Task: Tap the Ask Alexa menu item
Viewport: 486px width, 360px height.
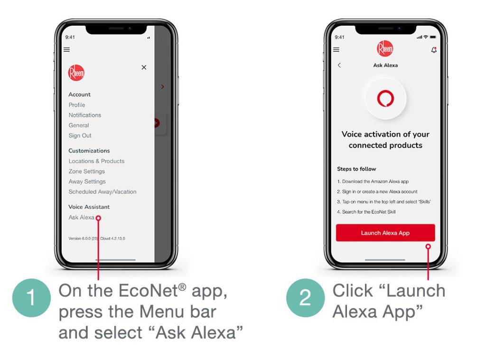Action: [81, 217]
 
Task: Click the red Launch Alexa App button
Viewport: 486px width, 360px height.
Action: [385, 233]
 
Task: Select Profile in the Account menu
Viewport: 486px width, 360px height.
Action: [77, 105]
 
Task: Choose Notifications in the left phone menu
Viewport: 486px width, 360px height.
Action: [84, 115]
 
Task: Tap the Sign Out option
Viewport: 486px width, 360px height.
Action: [80, 136]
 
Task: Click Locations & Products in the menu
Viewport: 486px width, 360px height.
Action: [96, 161]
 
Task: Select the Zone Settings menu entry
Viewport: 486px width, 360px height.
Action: [86, 171]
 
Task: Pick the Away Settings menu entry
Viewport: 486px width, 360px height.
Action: [87, 182]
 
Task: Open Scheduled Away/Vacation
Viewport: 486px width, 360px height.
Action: [102, 192]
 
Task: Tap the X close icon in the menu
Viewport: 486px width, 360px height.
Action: [144, 68]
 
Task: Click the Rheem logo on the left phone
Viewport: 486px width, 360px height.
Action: [76, 73]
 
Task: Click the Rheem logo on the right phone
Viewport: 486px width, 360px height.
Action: [385, 48]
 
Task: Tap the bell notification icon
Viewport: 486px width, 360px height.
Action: [434, 50]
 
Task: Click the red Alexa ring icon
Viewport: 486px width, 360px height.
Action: [385, 99]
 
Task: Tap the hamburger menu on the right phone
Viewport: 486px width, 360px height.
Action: [336, 50]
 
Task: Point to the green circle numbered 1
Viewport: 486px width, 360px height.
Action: [31, 297]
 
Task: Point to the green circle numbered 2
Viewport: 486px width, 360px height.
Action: [305, 297]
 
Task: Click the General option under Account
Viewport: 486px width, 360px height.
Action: [79, 125]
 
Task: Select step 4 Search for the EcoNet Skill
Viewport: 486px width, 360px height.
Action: [366, 212]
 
